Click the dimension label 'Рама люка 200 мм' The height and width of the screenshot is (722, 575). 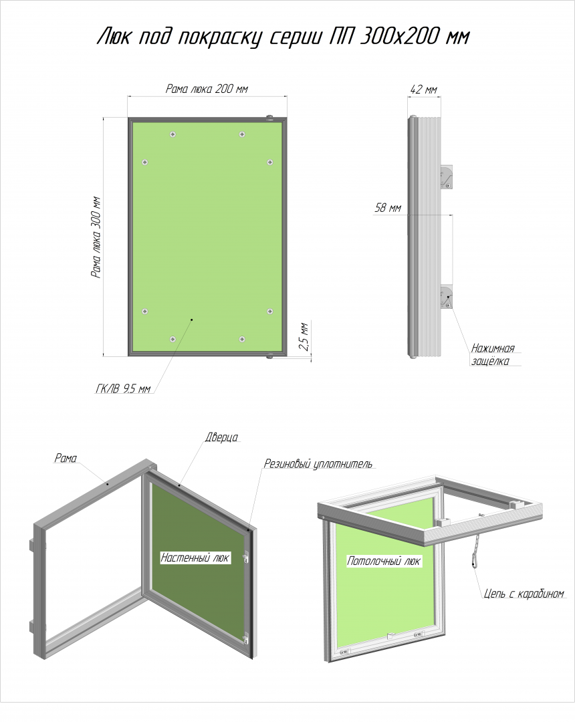[x=207, y=88]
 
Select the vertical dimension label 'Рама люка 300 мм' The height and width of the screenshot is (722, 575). [x=96, y=237]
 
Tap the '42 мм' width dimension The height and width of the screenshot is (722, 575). [x=423, y=90]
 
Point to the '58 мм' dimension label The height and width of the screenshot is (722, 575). [x=388, y=208]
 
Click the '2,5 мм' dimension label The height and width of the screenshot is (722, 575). [x=304, y=336]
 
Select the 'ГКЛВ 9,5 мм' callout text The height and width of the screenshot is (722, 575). [x=123, y=389]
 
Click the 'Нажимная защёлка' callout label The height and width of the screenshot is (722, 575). [x=492, y=354]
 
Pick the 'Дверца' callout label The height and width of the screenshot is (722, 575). [x=221, y=437]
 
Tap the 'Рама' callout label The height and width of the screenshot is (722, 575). [x=66, y=458]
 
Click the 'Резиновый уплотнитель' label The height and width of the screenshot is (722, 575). [x=318, y=464]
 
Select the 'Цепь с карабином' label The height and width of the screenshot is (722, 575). [x=524, y=594]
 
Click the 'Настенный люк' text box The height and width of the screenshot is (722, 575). [x=195, y=558]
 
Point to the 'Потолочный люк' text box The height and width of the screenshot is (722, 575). [x=384, y=561]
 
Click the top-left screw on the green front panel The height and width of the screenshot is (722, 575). [x=172, y=134]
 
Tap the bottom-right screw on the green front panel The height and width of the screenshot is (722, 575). [x=241, y=340]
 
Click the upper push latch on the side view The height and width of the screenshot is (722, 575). [x=446, y=177]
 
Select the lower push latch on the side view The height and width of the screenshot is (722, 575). [x=446, y=297]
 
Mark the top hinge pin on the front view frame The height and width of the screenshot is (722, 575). [x=269, y=118]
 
